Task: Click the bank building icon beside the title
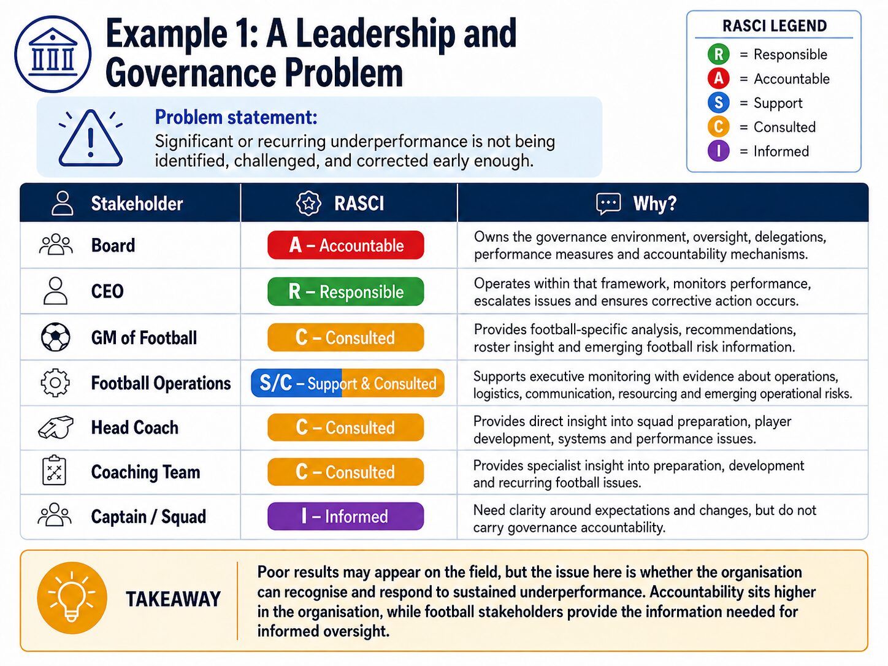point(53,54)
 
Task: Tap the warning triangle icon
point(91,139)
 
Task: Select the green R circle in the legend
point(718,54)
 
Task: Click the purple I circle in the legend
point(718,151)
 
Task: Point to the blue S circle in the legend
point(718,102)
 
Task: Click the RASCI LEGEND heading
point(775,26)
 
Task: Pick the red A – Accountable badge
point(345,245)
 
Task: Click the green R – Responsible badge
point(345,291)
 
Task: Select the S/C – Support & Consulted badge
point(348,383)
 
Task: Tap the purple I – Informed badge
point(345,516)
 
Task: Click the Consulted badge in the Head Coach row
point(345,427)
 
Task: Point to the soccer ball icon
point(55,337)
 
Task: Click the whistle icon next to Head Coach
point(55,427)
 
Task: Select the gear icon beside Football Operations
point(55,383)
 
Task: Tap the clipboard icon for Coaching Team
point(54,471)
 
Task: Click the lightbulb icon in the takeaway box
point(72,598)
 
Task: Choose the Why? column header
point(654,203)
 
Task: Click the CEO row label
point(107,291)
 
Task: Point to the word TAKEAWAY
point(173,599)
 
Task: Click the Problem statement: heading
point(236,117)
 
